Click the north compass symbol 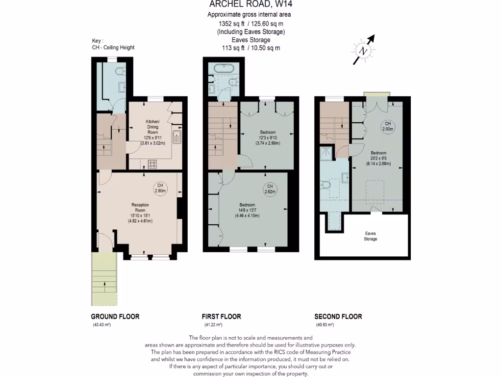point(363,51)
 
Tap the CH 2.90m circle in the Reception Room point(160,188)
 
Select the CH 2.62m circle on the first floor point(269,189)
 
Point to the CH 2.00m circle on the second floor point(387,126)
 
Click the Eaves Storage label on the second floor point(371,236)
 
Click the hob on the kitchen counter point(151,164)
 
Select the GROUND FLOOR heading point(115,317)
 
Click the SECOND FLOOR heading point(338,317)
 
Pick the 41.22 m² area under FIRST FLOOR point(213,325)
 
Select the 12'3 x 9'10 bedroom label point(268,138)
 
